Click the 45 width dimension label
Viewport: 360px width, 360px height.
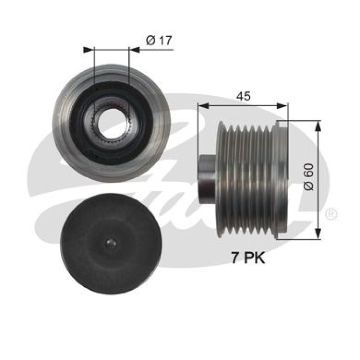[x=244, y=96]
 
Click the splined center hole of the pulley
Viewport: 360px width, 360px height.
[x=111, y=121]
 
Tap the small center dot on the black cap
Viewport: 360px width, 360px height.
[x=111, y=243]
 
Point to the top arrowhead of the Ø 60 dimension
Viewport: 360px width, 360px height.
[x=318, y=125]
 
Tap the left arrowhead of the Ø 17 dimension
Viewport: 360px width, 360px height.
[x=88, y=49]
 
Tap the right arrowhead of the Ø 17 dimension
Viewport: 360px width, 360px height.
[x=134, y=49]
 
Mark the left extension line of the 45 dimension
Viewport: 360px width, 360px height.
[x=198, y=135]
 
